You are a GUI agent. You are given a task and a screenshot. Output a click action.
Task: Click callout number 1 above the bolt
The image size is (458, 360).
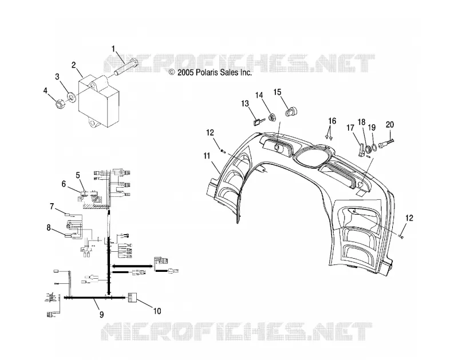(x=113, y=49)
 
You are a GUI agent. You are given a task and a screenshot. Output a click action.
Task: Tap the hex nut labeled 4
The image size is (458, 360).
(x=60, y=104)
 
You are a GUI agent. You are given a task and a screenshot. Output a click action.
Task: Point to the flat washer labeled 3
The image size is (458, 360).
(x=71, y=97)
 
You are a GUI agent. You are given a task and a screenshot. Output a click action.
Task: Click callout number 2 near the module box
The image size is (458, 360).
(x=74, y=65)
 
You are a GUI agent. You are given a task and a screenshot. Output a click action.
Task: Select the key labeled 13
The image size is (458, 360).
(x=259, y=121)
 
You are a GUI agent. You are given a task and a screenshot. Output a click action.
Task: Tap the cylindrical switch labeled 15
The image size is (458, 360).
(x=291, y=112)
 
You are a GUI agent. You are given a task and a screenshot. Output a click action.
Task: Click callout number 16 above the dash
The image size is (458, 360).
(x=332, y=121)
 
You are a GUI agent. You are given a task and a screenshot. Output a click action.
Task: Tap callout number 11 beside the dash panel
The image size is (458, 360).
(x=207, y=156)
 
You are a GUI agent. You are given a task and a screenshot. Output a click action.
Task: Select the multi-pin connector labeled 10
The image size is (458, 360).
(x=132, y=298)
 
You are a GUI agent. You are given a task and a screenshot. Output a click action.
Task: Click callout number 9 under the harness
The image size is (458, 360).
(x=102, y=314)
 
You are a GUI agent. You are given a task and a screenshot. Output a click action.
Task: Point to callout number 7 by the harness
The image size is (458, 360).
(x=52, y=207)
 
